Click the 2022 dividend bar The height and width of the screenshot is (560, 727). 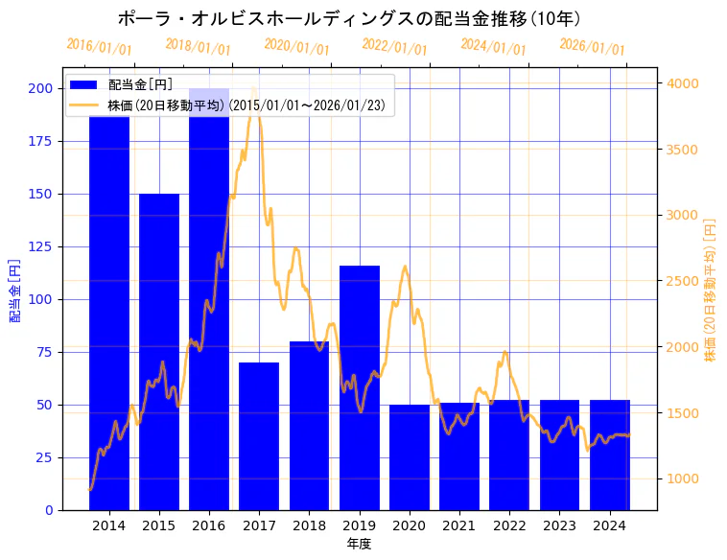click(x=509, y=455)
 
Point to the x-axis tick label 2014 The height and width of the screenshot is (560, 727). click(x=109, y=525)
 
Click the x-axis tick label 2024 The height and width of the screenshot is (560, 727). click(x=610, y=525)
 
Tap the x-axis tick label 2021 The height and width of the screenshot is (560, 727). click(x=459, y=525)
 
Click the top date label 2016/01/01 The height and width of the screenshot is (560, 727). click(x=100, y=47)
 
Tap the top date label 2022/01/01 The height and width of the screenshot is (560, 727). click(x=395, y=47)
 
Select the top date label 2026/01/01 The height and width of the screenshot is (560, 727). click(x=592, y=47)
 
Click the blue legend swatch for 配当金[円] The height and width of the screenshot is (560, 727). click(x=84, y=85)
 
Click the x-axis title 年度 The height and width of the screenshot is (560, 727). click(x=359, y=544)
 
